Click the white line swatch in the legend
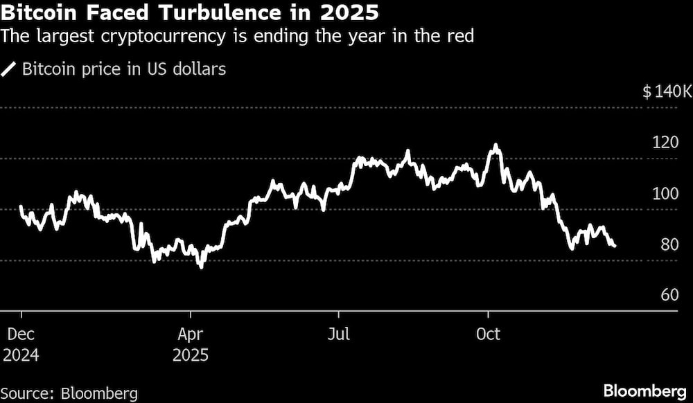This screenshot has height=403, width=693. (10, 69)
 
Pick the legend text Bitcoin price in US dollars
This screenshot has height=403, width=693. (124, 69)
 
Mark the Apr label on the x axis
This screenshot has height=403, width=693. (190, 334)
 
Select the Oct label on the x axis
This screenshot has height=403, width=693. (489, 334)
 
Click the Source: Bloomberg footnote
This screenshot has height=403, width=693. (69, 393)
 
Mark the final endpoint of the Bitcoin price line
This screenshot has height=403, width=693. (615, 246)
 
